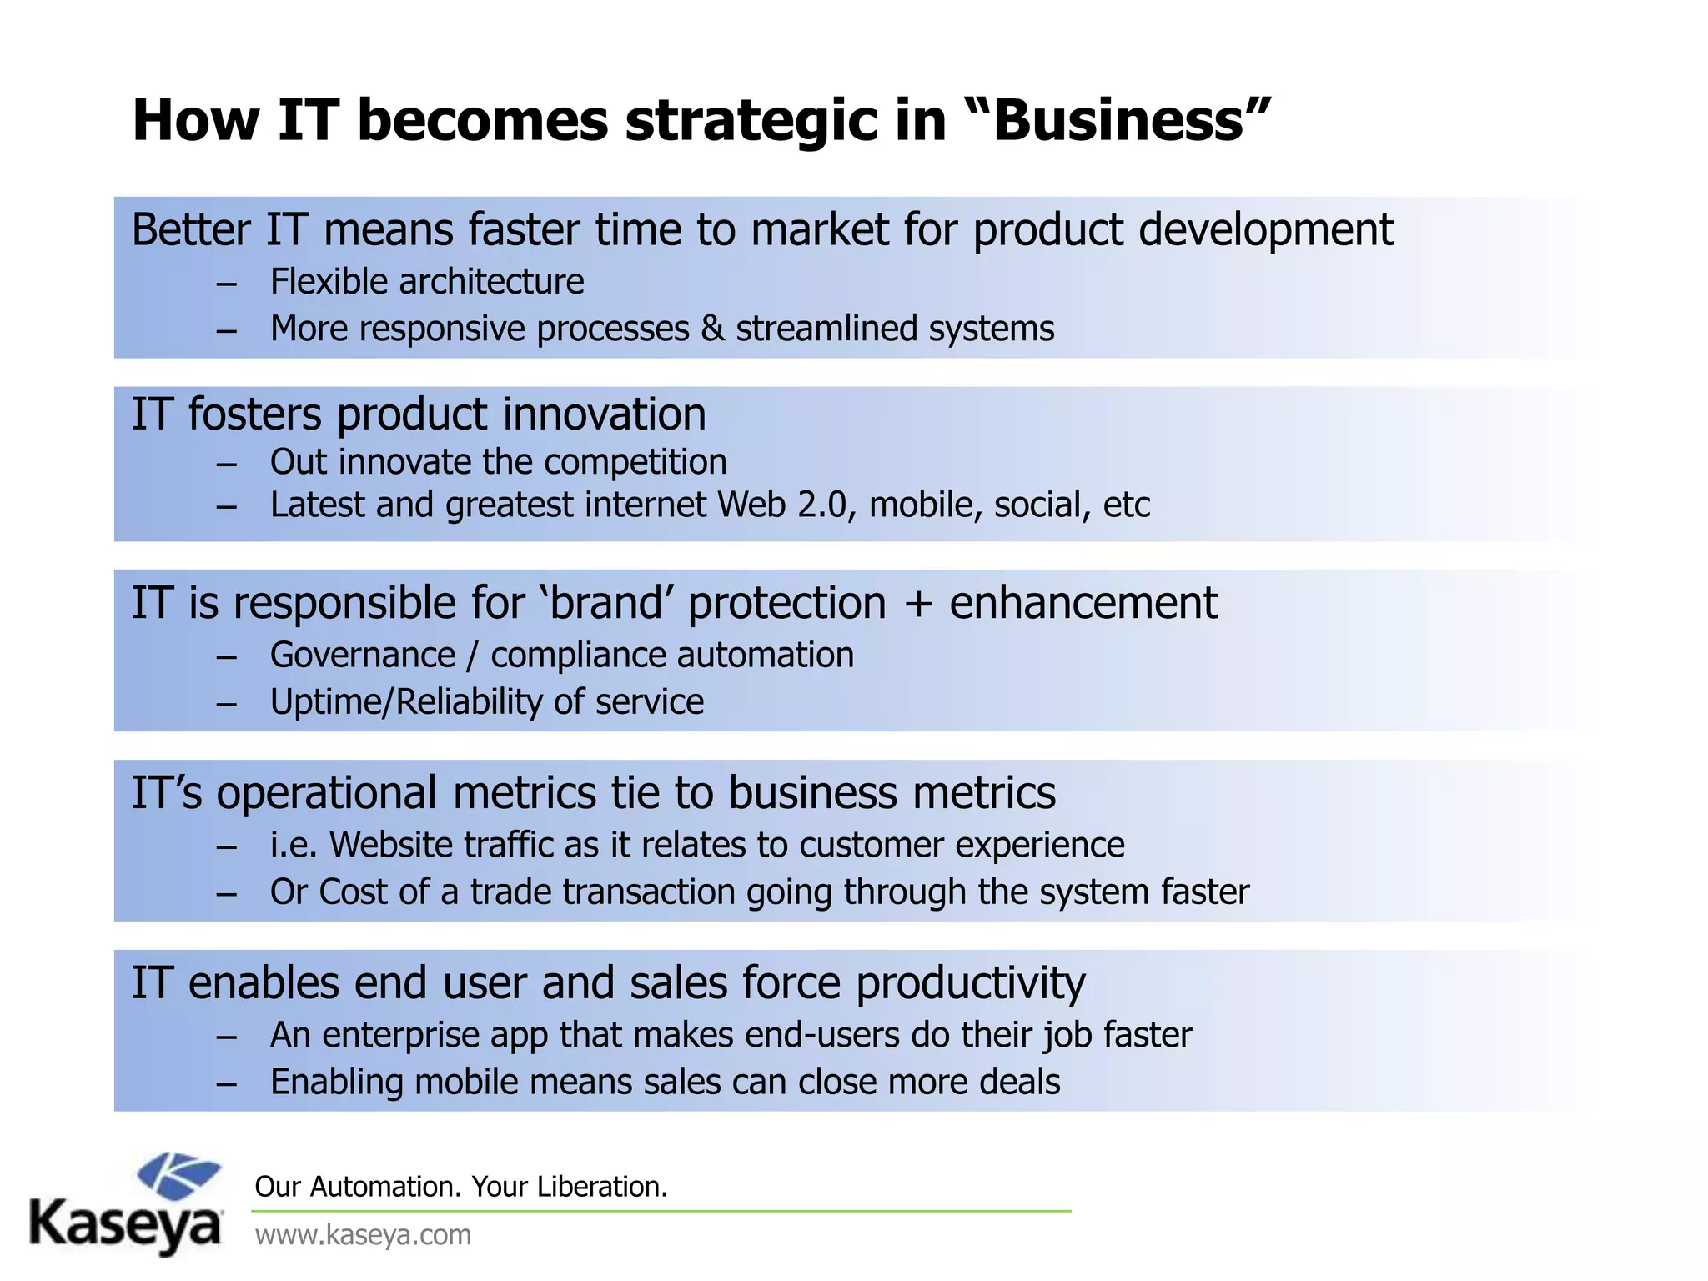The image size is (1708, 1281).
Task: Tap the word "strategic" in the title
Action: coord(751,121)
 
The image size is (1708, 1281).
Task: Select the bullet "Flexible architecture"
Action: coord(427,282)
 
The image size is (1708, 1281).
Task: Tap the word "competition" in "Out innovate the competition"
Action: coord(635,462)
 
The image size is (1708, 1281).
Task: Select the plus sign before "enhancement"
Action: coord(917,605)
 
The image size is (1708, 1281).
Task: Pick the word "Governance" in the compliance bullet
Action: coord(363,656)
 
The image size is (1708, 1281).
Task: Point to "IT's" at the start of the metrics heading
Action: coord(167,793)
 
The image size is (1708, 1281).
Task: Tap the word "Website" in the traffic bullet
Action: coord(391,846)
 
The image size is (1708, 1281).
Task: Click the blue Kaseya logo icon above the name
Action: coord(178,1176)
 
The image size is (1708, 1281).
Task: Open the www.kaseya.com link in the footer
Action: coord(363,1235)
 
